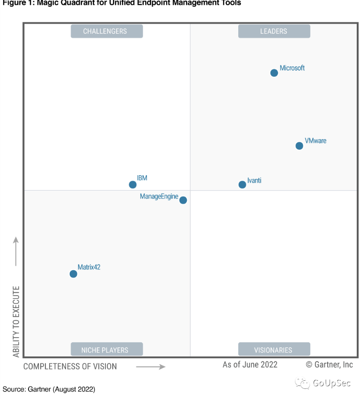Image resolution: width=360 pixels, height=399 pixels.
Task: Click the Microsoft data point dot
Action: coord(274,73)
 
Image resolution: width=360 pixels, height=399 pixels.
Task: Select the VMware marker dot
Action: coord(299,146)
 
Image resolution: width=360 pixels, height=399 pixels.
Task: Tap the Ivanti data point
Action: coord(242,185)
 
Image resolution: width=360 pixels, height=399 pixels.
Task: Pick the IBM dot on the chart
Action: coord(132,185)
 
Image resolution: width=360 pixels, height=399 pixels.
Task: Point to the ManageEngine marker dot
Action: coord(183,200)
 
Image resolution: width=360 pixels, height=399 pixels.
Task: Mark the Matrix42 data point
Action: coord(73,273)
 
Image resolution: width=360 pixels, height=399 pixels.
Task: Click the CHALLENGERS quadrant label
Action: coord(106,31)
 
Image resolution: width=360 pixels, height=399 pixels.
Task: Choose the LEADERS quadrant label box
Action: coord(274,31)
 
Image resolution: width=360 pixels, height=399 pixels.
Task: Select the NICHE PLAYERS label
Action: coord(106,349)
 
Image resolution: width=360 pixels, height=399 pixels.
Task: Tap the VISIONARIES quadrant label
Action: coord(274,349)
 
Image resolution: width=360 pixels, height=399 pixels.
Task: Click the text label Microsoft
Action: coord(292,68)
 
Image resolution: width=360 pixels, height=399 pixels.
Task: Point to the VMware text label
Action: coord(316,140)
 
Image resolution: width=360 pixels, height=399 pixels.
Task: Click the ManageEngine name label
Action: coord(159,197)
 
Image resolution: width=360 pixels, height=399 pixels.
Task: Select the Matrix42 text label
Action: coord(89,267)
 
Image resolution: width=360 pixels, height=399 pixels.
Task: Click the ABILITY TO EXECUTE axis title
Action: coord(16,322)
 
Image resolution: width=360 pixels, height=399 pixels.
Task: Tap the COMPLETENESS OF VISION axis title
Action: coord(70,366)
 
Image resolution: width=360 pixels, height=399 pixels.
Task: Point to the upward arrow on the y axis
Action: coord(16,251)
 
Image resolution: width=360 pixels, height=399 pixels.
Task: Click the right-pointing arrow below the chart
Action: coord(151,366)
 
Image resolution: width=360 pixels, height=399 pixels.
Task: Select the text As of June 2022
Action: coord(250,364)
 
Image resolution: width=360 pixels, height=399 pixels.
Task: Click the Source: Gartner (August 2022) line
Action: coord(49,389)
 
